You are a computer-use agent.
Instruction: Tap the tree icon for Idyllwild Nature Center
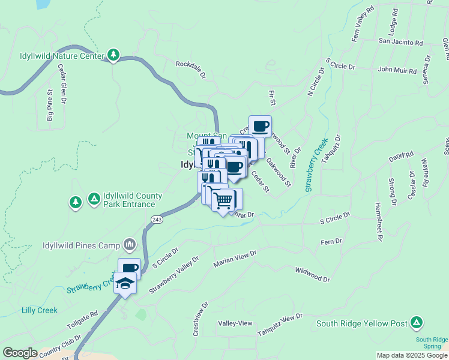click(x=113, y=55)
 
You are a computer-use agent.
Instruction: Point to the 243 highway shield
click(x=157, y=220)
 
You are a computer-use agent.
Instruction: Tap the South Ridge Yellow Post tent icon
click(x=416, y=323)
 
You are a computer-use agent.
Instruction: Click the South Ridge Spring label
click(x=432, y=343)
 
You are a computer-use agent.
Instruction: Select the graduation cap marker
click(x=125, y=283)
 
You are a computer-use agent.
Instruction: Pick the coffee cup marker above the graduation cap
click(x=130, y=268)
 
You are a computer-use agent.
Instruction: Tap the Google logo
click(x=19, y=353)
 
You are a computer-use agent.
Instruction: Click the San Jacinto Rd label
click(x=400, y=43)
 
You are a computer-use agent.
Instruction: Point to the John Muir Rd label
click(x=397, y=70)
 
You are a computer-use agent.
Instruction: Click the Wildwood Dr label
click(x=312, y=275)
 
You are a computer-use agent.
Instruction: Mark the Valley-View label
click(x=235, y=323)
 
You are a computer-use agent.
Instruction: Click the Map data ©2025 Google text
click(x=412, y=355)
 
